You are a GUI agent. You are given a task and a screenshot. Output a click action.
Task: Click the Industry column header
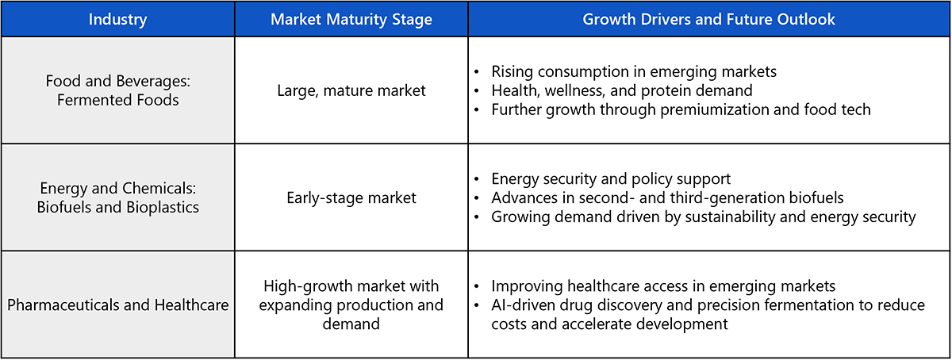coord(117,19)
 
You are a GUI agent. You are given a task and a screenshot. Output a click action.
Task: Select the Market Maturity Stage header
coord(351,19)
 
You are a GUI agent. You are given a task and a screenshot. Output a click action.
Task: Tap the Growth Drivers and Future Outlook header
coord(709,19)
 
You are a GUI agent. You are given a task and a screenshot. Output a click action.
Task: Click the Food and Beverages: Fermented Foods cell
coord(117,90)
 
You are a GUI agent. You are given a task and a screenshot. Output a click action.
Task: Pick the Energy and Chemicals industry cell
coord(117,197)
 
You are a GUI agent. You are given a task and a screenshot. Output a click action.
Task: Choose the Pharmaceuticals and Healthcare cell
coord(117,304)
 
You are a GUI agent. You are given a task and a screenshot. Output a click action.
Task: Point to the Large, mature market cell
coord(351,90)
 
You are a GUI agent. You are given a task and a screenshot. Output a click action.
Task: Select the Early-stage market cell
coord(351,197)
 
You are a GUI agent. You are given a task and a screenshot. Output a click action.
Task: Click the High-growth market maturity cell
coord(351,304)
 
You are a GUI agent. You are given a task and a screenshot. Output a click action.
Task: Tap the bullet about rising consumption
coord(634,71)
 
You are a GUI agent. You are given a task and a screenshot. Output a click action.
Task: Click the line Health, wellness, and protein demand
coord(622,90)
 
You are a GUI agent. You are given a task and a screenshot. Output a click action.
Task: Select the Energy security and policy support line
coord(611,179)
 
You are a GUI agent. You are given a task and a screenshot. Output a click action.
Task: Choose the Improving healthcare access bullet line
coord(663,286)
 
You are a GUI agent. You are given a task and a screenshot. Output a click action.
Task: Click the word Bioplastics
coord(163,207)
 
